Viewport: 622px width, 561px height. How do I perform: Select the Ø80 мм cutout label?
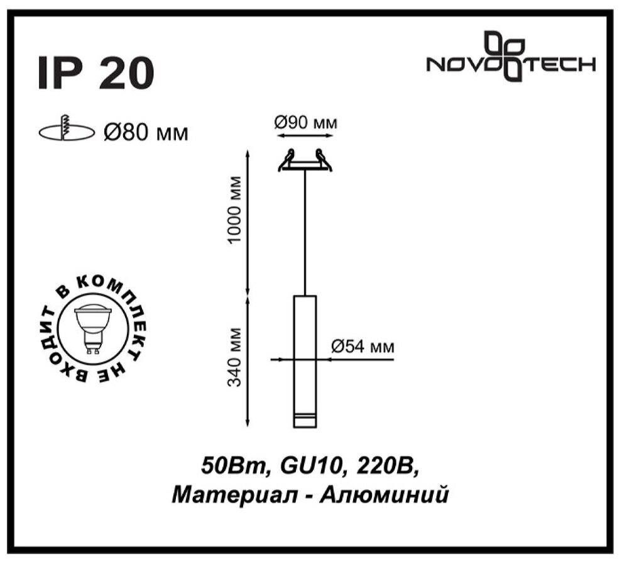[x=146, y=133]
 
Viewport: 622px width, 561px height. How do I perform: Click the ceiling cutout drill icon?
[x=64, y=130]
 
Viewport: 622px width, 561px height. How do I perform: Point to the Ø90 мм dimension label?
[x=306, y=123]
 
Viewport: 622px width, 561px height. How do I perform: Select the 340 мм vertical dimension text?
[x=234, y=358]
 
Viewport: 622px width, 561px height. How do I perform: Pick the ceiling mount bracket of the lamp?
[x=305, y=162]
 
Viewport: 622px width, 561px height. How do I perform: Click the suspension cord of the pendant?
[x=305, y=233]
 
